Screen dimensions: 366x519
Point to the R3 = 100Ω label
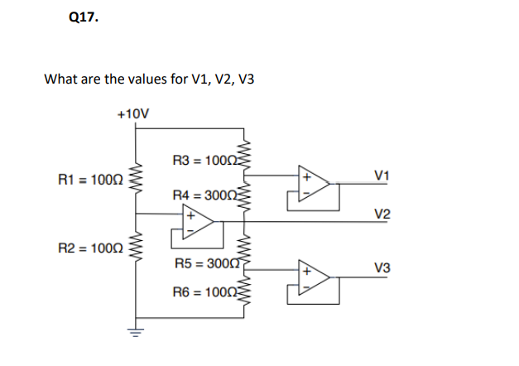pyautogui.click(x=203, y=160)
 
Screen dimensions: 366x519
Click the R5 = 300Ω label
pyautogui.click(x=203, y=264)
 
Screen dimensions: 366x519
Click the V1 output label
pyautogui.click(x=382, y=175)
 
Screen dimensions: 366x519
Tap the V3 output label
pyautogui.click(x=382, y=268)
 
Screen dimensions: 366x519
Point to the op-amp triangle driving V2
pyautogui.click(x=197, y=222)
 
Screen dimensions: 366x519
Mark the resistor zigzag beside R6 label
pyautogui.click(x=243, y=293)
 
